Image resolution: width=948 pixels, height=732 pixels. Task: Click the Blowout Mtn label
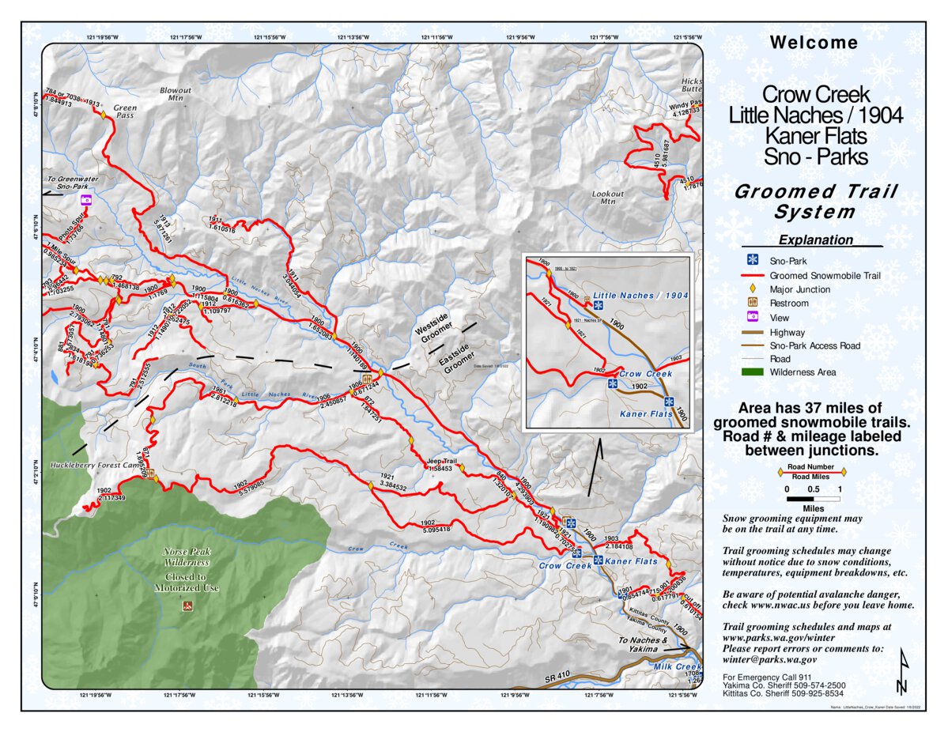pyautogui.click(x=175, y=94)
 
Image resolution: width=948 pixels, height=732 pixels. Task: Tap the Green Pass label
pyautogui.click(x=125, y=111)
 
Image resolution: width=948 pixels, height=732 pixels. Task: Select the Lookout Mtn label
pyautogui.click(x=608, y=197)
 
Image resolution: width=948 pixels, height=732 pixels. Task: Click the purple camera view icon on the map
pyautogui.click(x=86, y=201)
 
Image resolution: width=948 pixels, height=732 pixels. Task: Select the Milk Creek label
pyautogui.click(x=678, y=666)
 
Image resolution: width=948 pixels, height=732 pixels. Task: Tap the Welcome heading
pyautogui.click(x=814, y=43)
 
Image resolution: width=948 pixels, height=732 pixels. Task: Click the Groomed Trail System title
pyautogui.click(x=815, y=202)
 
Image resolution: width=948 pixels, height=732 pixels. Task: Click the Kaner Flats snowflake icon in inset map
pyautogui.click(x=669, y=402)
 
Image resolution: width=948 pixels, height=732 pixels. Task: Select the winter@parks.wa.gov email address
pyautogui.click(x=769, y=658)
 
